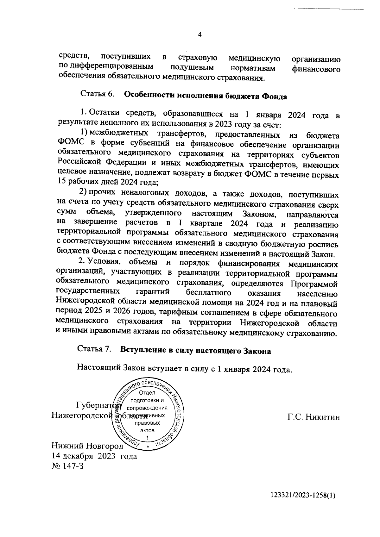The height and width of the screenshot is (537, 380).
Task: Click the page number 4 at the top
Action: (199, 35)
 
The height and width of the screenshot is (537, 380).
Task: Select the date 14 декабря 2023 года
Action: (94, 456)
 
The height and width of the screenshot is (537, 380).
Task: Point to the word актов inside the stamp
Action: (147, 430)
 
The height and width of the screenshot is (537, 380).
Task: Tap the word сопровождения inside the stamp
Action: (147, 408)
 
